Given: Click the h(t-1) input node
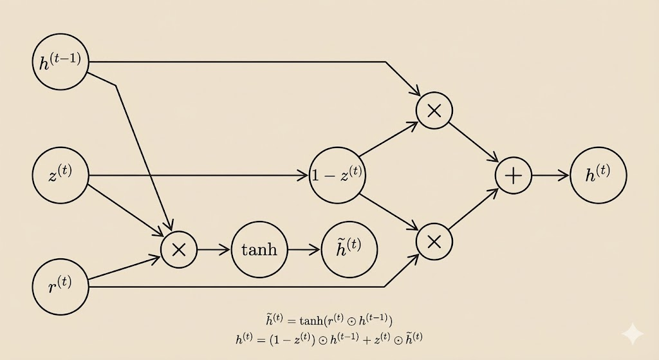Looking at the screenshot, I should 60,62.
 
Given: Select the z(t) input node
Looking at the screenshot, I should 60,175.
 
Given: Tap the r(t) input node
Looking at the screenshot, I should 60,287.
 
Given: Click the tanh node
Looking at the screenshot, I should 259,249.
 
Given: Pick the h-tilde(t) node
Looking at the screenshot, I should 349,249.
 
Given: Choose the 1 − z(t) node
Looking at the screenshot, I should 337,175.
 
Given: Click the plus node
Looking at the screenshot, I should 513,175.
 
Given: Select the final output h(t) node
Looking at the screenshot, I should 598,175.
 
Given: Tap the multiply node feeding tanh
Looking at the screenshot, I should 179,249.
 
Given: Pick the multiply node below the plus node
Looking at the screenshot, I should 434,242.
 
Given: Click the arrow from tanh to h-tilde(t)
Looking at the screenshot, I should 304,249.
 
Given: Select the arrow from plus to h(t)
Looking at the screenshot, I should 551,175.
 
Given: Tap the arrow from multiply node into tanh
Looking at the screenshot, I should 214,249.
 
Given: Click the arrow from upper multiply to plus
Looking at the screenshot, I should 474,142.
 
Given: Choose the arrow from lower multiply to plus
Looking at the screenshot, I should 474,209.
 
